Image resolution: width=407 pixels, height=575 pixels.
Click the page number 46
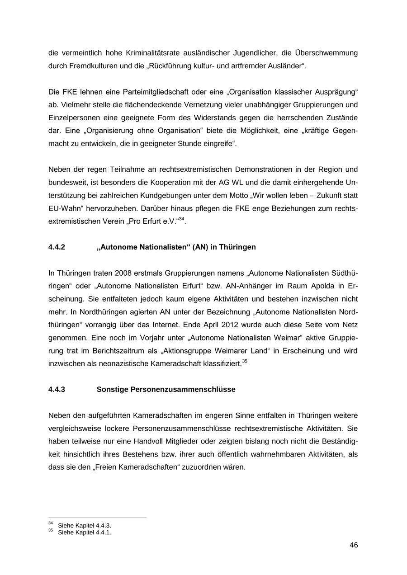click(x=354, y=545)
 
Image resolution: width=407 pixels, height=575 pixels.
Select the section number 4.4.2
click(x=57, y=247)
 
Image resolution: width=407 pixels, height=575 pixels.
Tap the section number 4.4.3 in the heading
click(x=57, y=389)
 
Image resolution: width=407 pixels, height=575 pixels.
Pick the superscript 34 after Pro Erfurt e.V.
click(x=181, y=219)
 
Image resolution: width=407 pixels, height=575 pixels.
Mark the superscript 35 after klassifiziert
click(x=245, y=361)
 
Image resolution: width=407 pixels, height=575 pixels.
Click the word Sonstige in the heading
click(x=112, y=389)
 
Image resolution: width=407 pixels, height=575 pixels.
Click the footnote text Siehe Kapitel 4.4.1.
click(x=85, y=533)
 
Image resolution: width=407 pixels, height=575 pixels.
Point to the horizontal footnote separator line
click(x=97, y=518)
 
